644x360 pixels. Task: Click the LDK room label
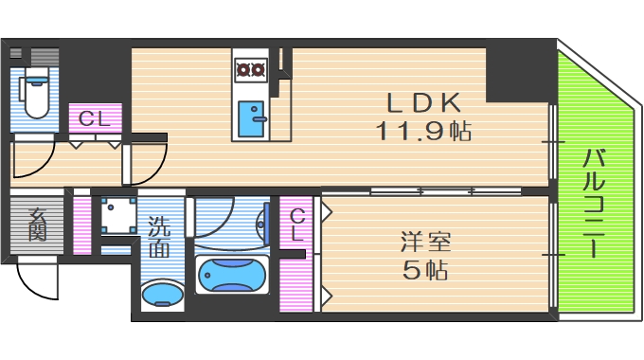click(423, 101)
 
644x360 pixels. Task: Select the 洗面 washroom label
click(158, 238)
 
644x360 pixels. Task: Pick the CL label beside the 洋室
click(297, 224)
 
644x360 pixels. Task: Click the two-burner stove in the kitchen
click(252, 68)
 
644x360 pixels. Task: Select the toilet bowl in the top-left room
click(35, 96)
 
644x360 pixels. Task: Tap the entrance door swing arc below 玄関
click(36, 277)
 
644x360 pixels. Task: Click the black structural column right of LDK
click(516, 76)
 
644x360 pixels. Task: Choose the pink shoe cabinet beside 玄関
click(82, 224)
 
